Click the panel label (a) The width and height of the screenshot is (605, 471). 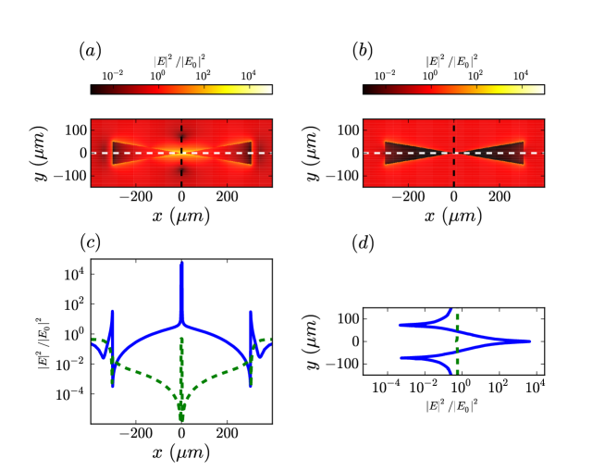click(92, 51)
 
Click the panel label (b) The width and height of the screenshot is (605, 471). click(363, 51)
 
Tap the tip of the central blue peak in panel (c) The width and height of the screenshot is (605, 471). click(181, 263)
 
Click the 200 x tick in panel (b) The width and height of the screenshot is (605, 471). click(499, 196)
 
